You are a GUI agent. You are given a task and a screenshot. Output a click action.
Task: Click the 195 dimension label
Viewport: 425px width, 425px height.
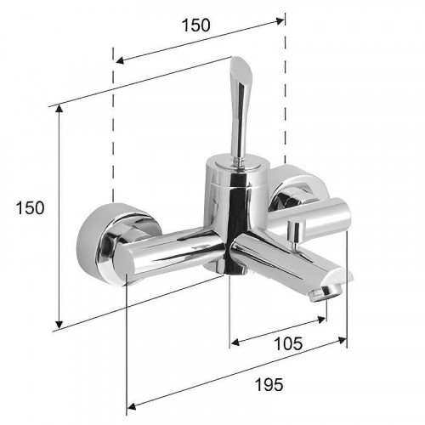(x=269, y=385)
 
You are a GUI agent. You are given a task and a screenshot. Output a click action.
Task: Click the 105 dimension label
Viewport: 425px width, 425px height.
(x=288, y=343)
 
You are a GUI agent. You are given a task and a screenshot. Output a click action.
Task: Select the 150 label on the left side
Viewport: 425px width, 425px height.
(x=30, y=207)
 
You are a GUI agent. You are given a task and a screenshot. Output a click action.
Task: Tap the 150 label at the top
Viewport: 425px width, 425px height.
(x=196, y=25)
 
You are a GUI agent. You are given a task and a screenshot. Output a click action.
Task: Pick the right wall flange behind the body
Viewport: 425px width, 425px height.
(x=297, y=185)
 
